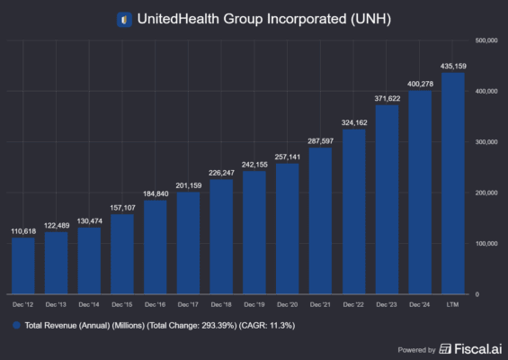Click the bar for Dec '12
[23, 265]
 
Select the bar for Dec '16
[156, 247]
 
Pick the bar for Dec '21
[321, 220]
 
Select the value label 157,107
[122, 206]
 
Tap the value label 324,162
[354, 121]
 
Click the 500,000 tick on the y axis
[486, 40]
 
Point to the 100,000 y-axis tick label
[486, 244]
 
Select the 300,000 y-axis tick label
[486, 142]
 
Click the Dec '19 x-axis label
[254, 305]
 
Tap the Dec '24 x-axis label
[420, 305]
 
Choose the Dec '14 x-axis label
[89, 305]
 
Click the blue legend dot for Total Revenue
[15, 324]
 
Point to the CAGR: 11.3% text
[272, 324]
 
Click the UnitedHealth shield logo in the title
[124, 18]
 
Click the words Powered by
[416, 349]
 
